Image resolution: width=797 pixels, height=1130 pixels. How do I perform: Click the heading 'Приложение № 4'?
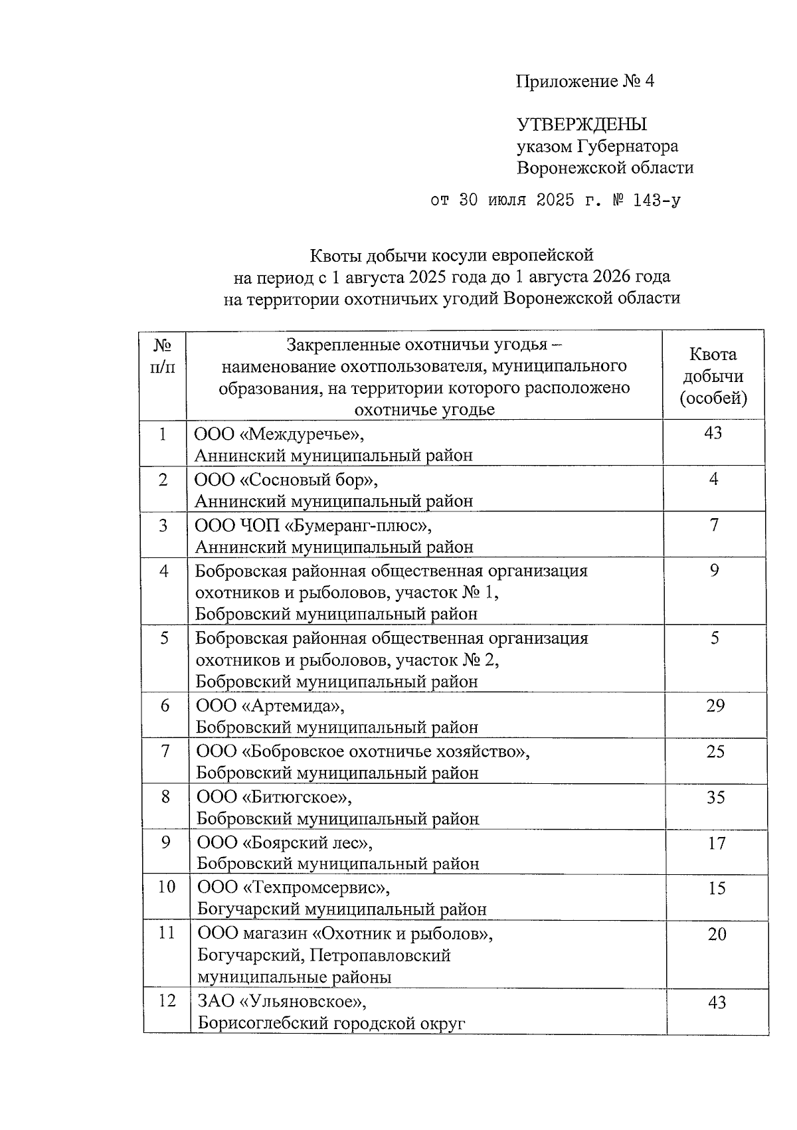tap(585, 82)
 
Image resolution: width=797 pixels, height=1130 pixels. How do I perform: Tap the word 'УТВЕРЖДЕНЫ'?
tap(582, 124)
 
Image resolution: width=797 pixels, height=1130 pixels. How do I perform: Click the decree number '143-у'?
tap(657, 200)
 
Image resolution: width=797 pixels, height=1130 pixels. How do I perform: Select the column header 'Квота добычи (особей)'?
tap(713, 376)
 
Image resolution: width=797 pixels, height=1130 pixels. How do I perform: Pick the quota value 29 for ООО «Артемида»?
tap(715, 706)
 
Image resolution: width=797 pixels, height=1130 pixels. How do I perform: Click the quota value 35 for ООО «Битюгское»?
tap(715, 797)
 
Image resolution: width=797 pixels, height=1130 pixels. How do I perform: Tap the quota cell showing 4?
tap(713, 479)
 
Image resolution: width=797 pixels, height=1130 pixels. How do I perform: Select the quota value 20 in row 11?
tap(717, 934)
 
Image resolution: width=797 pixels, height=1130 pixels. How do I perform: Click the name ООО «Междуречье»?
tap(280, 434)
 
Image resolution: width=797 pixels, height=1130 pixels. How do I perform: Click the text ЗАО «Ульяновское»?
tap(282, 1001)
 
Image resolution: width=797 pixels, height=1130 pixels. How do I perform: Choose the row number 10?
tap(166, 887)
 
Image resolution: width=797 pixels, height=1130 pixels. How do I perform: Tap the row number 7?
tap(165, 751)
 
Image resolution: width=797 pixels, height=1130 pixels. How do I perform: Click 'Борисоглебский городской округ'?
tap(331, 1023)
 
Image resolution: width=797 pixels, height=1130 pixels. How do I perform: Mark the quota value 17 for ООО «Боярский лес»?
tap(716, 842)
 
